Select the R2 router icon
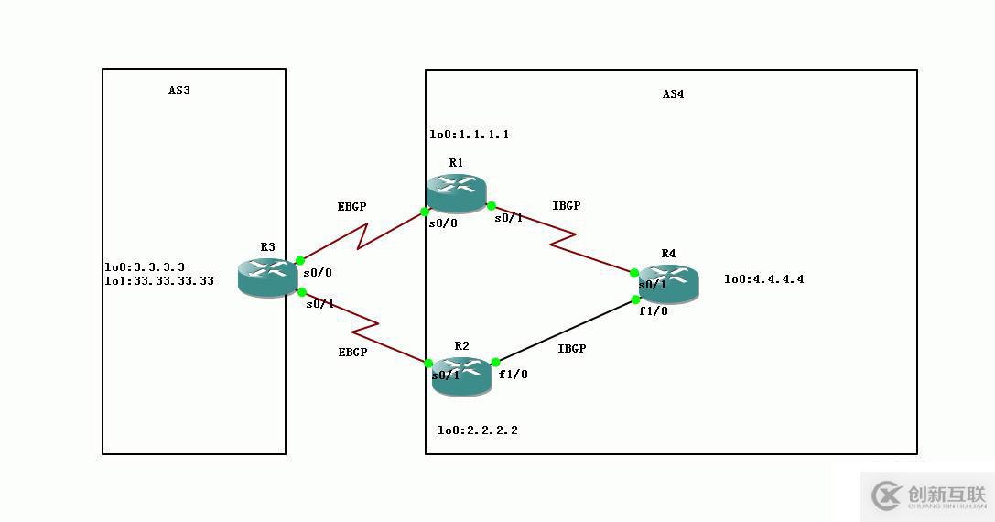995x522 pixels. tap(461, 375)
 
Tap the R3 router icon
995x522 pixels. tap(267, 276)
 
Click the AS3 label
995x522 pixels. tap(178, 91)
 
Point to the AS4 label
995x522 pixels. tap(673, 94)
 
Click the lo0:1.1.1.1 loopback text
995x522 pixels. tap(470, 135)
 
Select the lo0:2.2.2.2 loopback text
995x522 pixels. tap(477, 430)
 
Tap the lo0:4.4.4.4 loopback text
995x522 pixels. tap(763, 279)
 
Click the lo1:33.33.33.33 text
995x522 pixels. tap(159, 281)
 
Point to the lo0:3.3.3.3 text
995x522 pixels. tap(145, 267)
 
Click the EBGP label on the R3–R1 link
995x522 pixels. tap(351, 207)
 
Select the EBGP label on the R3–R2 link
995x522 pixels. tap(352, 352)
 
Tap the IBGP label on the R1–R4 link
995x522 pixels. tap(567, 206)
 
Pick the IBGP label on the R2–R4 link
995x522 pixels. tap(571, 348)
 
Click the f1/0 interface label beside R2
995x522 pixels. tap(513, 375)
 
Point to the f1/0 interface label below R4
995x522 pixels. tap(653, 311)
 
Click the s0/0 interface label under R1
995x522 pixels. tap(443, 223)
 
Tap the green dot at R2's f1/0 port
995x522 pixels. tap(495, 363)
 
